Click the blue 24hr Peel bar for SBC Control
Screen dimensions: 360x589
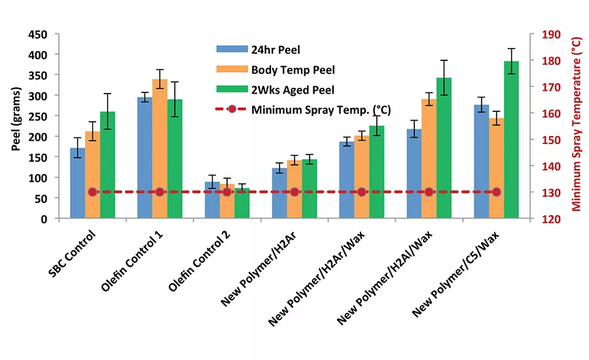(78, 183)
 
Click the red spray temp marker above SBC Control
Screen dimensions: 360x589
(92, 192)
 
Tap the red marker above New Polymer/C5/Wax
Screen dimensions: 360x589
(496, 192)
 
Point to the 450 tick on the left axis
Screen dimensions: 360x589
(39, 34)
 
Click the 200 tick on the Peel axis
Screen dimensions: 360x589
(39, 137)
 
